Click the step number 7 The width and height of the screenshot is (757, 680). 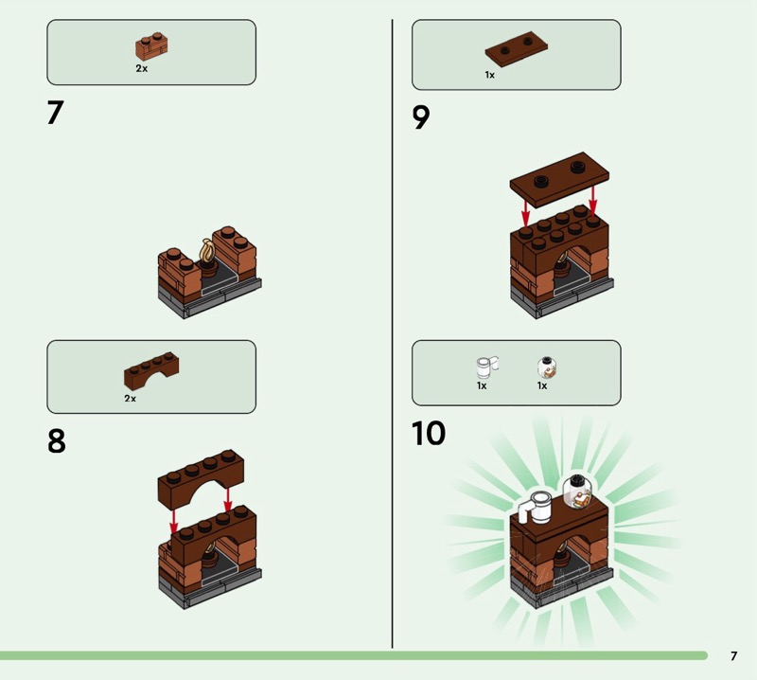pyautogui.click(x=55, y=113)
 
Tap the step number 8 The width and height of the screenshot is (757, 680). pyautogui.click(x=57, y=440)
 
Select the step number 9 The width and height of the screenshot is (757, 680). pyautogui.click(x=420, y=117)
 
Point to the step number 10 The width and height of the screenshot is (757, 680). pyautogui.click(x=429, y=433)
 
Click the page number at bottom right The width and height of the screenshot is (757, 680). pyautogui.click(x=734, y=655)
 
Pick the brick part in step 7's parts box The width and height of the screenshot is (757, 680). pyautogui.click(x=151, y=47)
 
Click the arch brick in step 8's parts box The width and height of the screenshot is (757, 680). pyautogui.click(x=151, y=371)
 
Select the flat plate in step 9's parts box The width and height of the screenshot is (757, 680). pyautogui.click(x=516, y=50)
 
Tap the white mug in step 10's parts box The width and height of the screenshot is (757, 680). pyautogui.click(x=486, y=367)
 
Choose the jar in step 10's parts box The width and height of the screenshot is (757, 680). pyautogui.click(x=547, y=367)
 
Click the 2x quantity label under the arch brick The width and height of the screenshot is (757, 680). pyautogui.click(x=130, y=398)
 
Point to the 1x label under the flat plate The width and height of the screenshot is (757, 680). pyautogui.click(x=489, y=75)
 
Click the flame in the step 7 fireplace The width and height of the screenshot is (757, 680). pyautogui.click(x=207, y=250)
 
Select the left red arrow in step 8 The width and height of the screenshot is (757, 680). pyautogui.click(x=174, y=520)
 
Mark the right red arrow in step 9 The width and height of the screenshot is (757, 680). pyautogui.click(x=593, y=199)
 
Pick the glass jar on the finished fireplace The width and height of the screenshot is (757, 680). pyautogui.click(x=577, y=493)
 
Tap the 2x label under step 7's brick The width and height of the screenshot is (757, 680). pyautogui.click(x=141, y=68)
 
